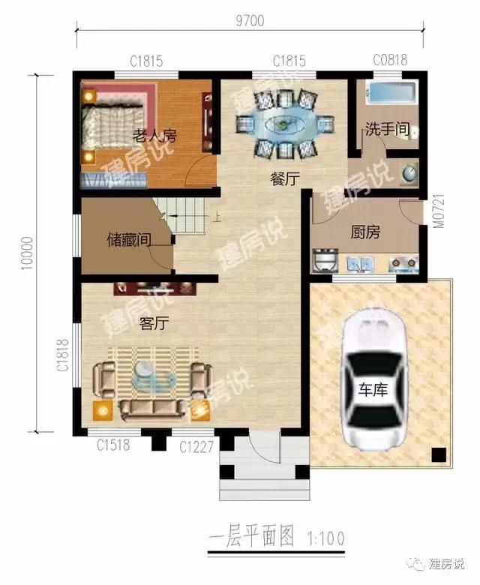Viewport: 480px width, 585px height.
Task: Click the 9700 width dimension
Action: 250,20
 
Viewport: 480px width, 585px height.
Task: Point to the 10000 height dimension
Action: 27,253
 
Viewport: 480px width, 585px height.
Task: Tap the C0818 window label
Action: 390,60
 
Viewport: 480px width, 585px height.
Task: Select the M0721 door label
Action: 439,211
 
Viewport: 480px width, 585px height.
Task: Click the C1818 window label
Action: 64,355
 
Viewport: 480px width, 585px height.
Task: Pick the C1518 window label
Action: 113,445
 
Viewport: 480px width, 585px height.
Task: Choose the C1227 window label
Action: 196,446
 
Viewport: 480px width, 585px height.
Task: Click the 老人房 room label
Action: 154,136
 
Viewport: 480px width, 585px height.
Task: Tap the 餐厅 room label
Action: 285,179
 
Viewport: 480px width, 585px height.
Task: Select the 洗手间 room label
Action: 387,129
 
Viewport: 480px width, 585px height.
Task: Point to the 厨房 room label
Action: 365,232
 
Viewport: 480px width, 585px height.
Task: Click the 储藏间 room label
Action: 129,239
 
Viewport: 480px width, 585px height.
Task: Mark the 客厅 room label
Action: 154,323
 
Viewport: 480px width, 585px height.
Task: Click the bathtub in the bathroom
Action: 391,92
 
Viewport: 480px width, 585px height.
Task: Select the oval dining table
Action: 284,124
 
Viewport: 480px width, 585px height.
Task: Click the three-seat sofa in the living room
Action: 153,409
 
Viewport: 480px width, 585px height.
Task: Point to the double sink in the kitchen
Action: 360,263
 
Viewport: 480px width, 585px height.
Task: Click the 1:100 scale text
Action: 326,538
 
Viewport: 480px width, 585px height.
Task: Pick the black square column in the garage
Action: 439,454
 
